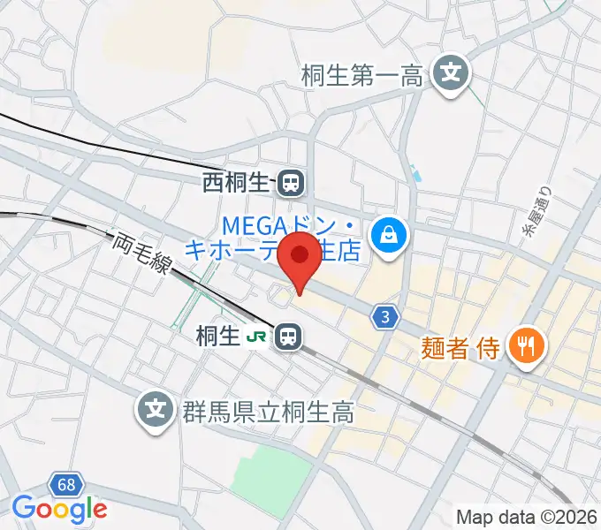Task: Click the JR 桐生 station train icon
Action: pos(286,336)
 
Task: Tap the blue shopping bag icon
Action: pos(387,234)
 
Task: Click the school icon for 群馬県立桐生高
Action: pos(156,409)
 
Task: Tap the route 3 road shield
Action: pos(384,317)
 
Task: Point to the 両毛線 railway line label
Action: pos(141,257)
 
